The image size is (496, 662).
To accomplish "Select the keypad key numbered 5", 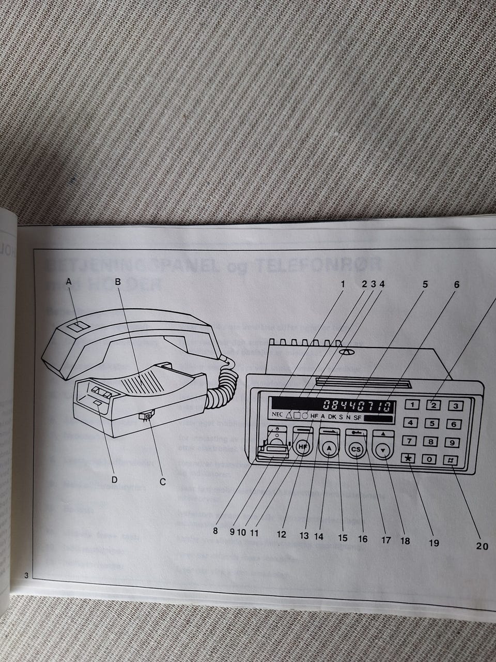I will coord(431,424).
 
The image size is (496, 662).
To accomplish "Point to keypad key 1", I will coord(412,405).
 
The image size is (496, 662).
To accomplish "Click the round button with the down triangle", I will coord(383,450).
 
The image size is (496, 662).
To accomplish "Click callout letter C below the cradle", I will coord(162,482).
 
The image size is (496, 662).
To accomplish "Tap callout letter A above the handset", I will coord(69,282).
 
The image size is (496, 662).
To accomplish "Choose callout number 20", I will coord(482,546).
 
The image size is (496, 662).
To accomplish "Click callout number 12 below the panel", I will coord(281,534).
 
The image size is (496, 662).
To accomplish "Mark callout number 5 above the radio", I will coord(425,284).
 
